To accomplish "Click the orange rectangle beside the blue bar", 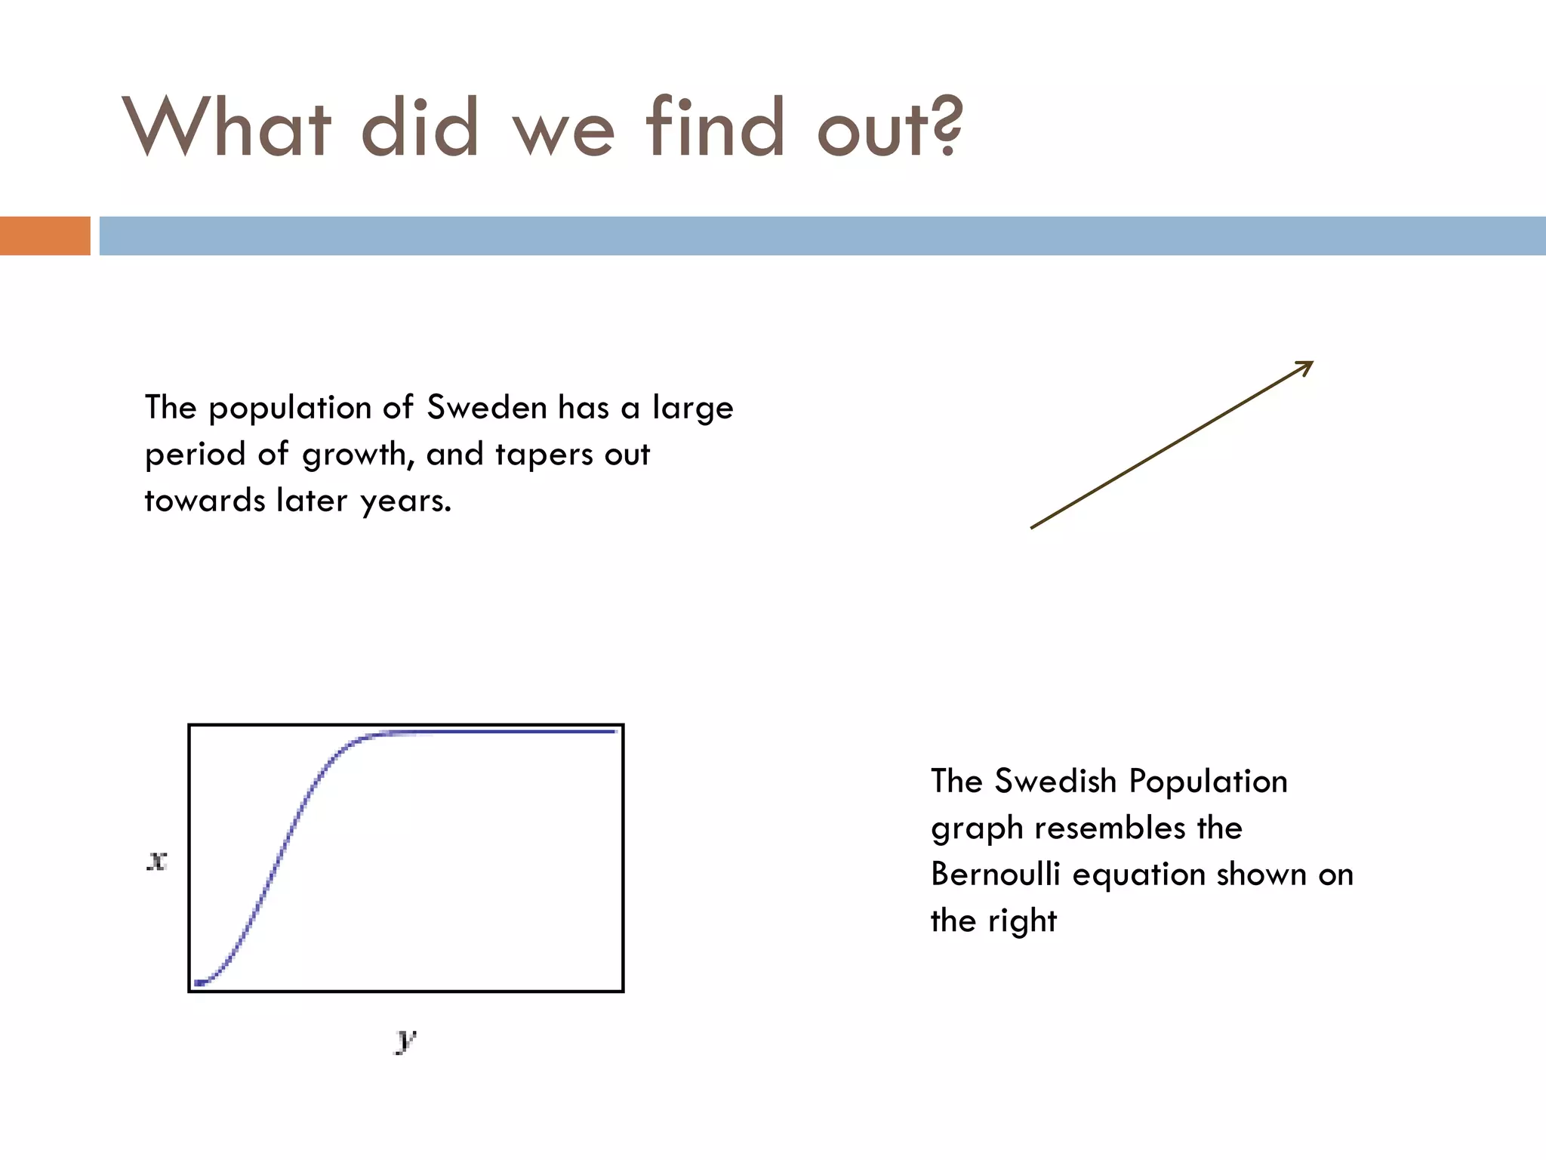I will coord(45,236).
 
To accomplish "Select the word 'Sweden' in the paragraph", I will coord(487,408).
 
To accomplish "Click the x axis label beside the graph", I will coord(156,860).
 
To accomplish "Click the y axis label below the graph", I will coord(405,1040).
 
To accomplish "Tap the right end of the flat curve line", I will coord(617,731).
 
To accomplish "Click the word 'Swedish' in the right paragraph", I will coord(1055,782).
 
